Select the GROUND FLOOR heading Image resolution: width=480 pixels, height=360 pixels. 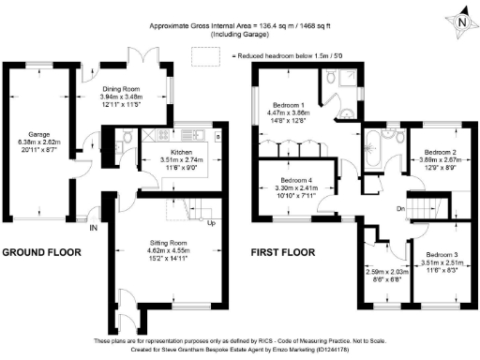pos(41,253)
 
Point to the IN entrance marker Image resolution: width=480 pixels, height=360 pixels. pos(94,228)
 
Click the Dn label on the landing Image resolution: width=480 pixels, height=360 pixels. pos(372,208)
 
